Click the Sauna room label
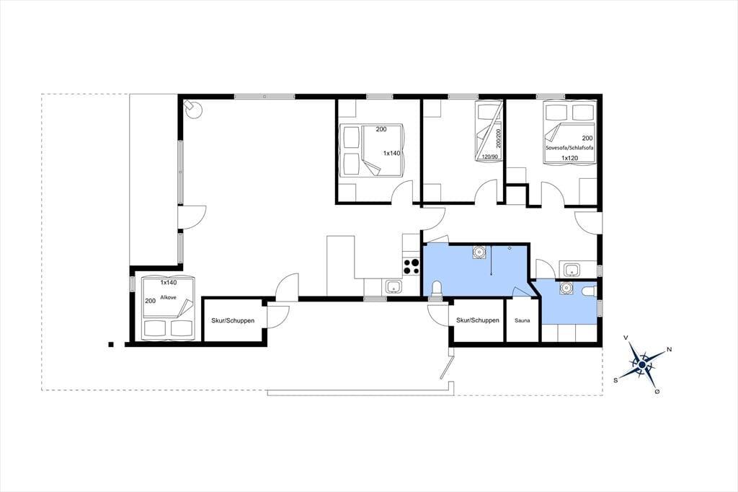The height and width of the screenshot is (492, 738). tap(522, 320)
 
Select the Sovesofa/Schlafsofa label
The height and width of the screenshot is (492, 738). tap(569, 147)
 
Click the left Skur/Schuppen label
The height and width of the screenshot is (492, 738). tap(233, 320)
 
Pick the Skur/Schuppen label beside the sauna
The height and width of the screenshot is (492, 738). tap(478, 320)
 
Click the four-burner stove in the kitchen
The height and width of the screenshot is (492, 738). tap(411, 267)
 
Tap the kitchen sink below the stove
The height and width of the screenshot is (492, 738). tap(392, 286)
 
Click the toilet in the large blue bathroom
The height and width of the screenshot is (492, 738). tap(437, 289)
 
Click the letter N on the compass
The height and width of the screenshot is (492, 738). tap(670, 350)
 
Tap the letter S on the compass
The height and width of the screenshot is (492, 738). tap(615, 380)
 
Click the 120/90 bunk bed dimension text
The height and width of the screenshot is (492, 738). tap(489, 157)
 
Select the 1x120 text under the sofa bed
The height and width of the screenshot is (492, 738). tap(569, 158)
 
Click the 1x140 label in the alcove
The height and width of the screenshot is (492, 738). tap(169, 283)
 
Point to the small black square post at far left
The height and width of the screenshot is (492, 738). tap(110, 345)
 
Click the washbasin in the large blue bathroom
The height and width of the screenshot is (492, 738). tap(479, 252)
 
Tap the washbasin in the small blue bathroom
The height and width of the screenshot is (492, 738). tap(564, 288)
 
